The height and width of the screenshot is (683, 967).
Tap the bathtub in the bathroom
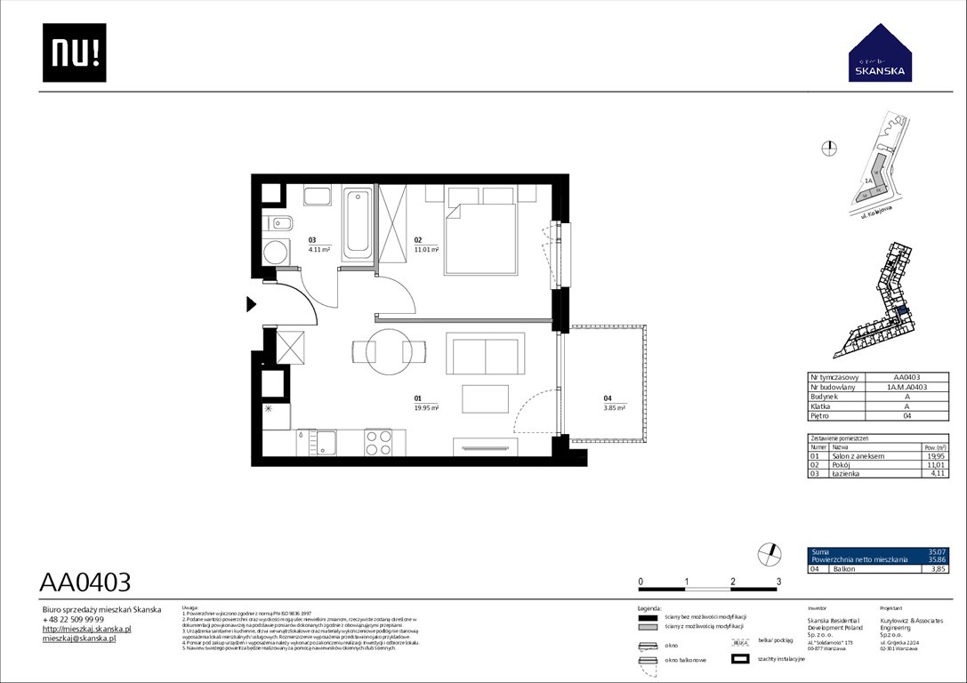point(359,223)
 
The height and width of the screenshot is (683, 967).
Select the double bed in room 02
point(480,237)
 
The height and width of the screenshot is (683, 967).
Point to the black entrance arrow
point(251,305)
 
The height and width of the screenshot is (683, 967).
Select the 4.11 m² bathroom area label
point(318,251)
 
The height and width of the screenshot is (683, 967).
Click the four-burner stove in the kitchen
point(378,440)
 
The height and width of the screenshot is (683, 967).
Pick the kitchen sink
point(326,439)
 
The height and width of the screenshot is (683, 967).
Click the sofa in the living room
point(484,355)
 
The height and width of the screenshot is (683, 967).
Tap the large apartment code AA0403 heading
point(85,583)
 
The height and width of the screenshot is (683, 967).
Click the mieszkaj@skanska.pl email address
point(79,639)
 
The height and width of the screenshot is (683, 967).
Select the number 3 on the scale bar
point(778,581)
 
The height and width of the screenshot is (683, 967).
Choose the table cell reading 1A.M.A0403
point(908,387)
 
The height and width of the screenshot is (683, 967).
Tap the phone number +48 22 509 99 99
point(73,619)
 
